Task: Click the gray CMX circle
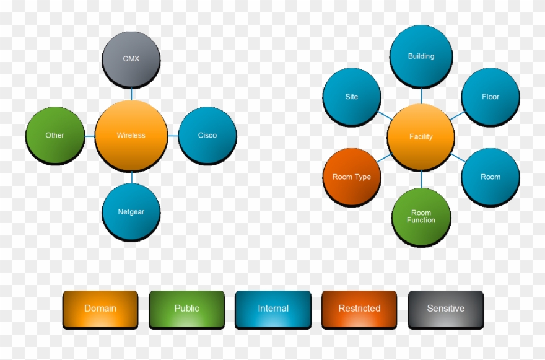131,59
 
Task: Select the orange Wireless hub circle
131,136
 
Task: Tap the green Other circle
55,136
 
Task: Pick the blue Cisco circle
207,136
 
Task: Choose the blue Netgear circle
131,212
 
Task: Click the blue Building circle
421,56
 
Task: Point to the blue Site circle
352,97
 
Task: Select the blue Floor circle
490,97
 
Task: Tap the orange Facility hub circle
421,137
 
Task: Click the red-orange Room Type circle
352,177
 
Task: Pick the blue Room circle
490,177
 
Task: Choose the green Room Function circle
421,217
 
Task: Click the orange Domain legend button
100,309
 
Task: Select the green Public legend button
186,309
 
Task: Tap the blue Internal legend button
273,309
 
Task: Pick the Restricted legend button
359,309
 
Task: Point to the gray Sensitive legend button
446,309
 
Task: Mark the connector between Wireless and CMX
131,94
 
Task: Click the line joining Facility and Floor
457,116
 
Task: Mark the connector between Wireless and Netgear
131,178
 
